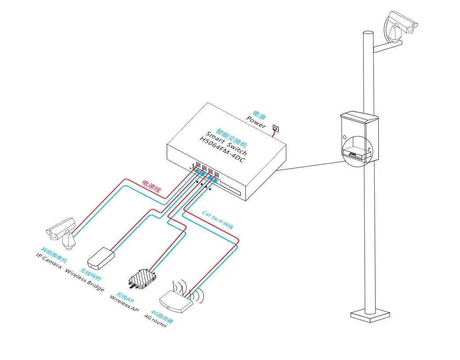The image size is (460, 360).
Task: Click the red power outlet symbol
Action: pos(276,128)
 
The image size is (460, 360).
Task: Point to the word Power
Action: pos(256,122)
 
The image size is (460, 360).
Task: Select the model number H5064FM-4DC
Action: pos(221,149)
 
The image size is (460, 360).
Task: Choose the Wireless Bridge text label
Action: pos(84,280)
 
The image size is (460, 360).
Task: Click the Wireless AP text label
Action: pos(124,303)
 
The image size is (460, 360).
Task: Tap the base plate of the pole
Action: pos(370,314)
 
